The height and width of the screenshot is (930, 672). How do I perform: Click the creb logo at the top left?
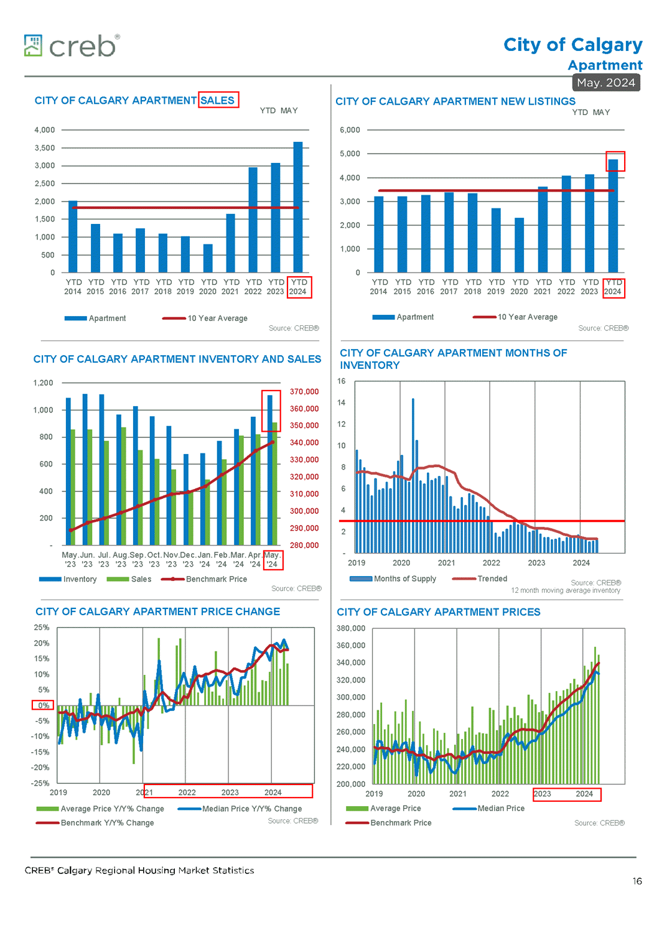click(72, 46)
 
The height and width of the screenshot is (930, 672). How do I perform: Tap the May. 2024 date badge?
click(606, 83)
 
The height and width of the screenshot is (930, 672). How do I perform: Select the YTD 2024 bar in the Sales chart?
click(298, 207)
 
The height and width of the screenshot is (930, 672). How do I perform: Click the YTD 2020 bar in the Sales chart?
click(208, 258)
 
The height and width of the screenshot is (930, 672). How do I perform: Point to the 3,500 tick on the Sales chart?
click(45, 148)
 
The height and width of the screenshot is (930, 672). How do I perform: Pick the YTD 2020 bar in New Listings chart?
click(520, 245)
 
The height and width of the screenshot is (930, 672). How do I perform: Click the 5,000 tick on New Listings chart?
click(350, 154)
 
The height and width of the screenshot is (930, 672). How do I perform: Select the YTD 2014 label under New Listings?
click(379, 287)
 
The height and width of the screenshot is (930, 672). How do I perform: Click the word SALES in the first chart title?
click(218, 100)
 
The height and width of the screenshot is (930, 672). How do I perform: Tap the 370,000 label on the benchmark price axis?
click(304, 392)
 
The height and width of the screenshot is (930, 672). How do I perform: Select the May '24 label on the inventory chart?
click(272, 560)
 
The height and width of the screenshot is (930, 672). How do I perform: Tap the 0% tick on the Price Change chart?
click(43, 705)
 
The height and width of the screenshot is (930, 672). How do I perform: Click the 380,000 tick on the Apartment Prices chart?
click(351, 628)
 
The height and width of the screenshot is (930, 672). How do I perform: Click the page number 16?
click(637, 881)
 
